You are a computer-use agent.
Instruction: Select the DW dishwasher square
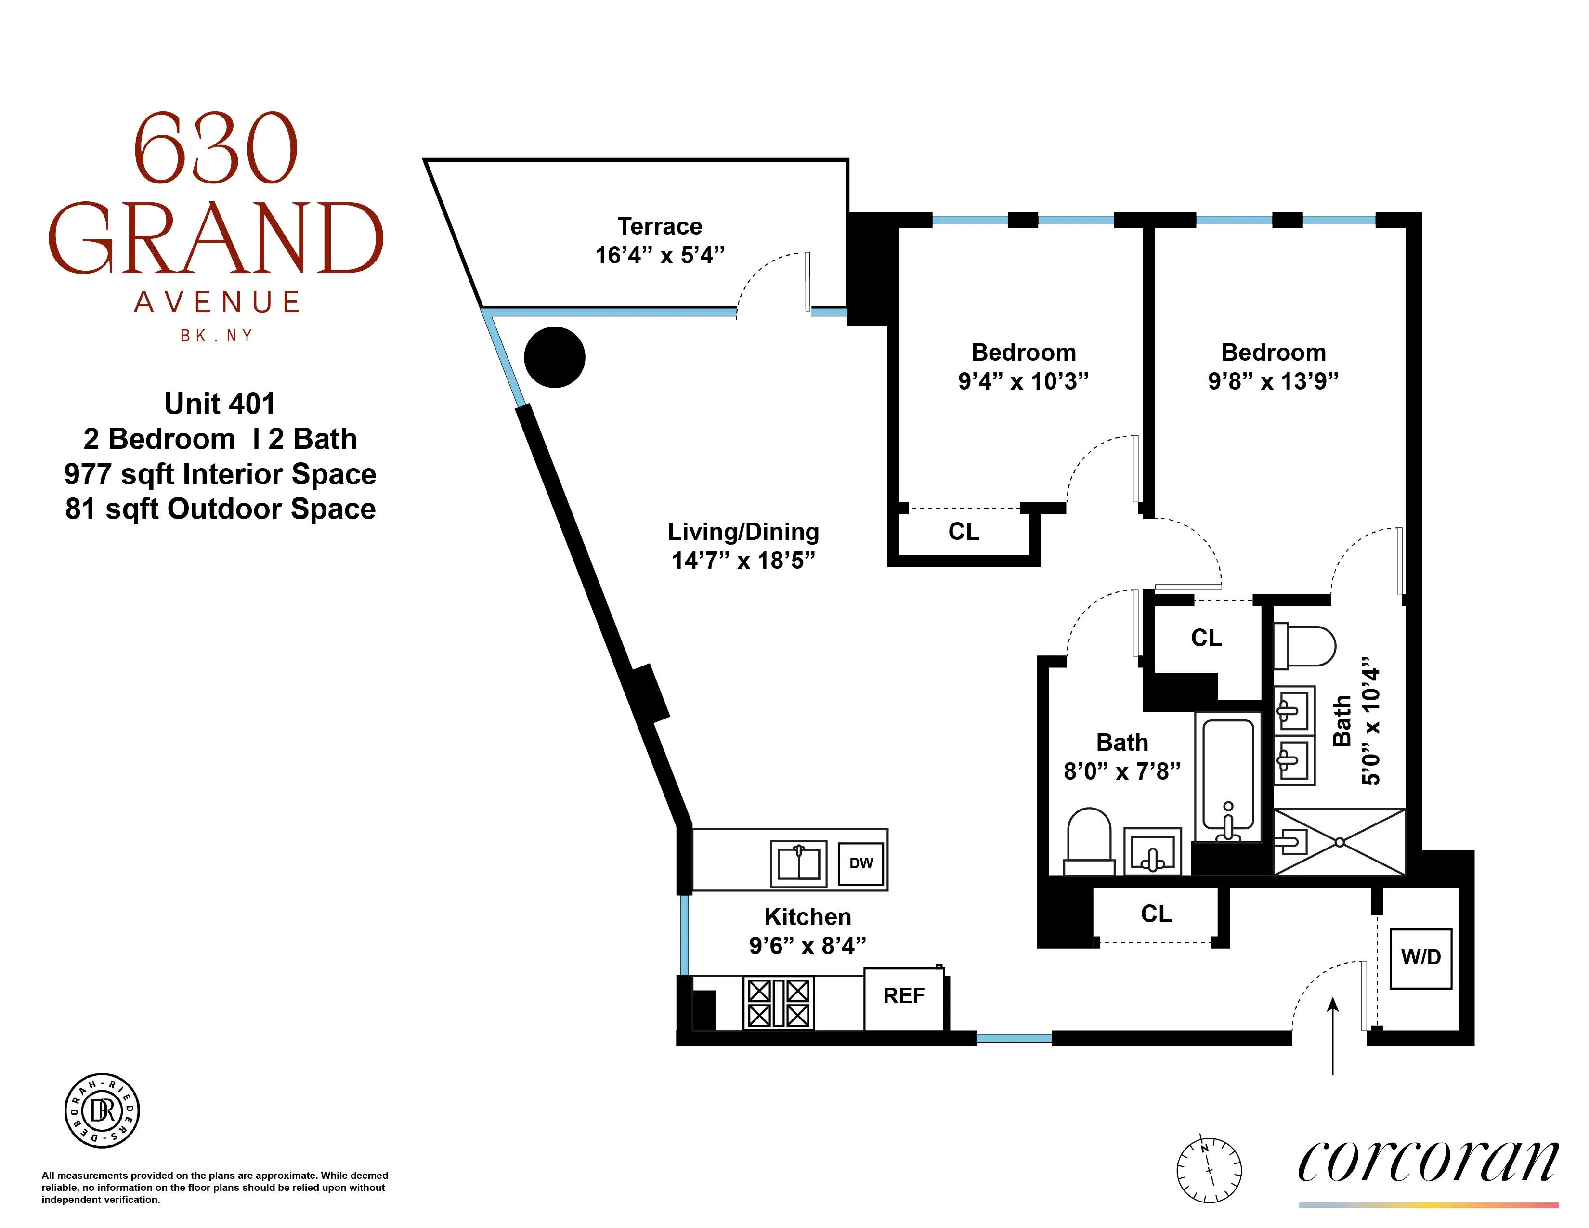[861, 863]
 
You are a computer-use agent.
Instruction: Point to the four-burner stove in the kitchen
[778, 1003]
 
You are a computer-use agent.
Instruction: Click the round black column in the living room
[554, 357]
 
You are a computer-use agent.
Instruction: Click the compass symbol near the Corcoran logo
[1209, 1170]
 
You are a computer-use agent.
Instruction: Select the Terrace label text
[659, 226]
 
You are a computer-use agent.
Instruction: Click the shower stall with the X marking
[1339, 842]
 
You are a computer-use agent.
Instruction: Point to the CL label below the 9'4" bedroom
[964, 532]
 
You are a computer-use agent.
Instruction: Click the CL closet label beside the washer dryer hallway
[1156, 914]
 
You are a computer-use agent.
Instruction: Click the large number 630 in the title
[215, 149]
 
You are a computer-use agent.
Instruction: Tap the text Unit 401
[220, 404]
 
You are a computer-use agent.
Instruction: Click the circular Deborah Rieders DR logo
[102, 1110]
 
